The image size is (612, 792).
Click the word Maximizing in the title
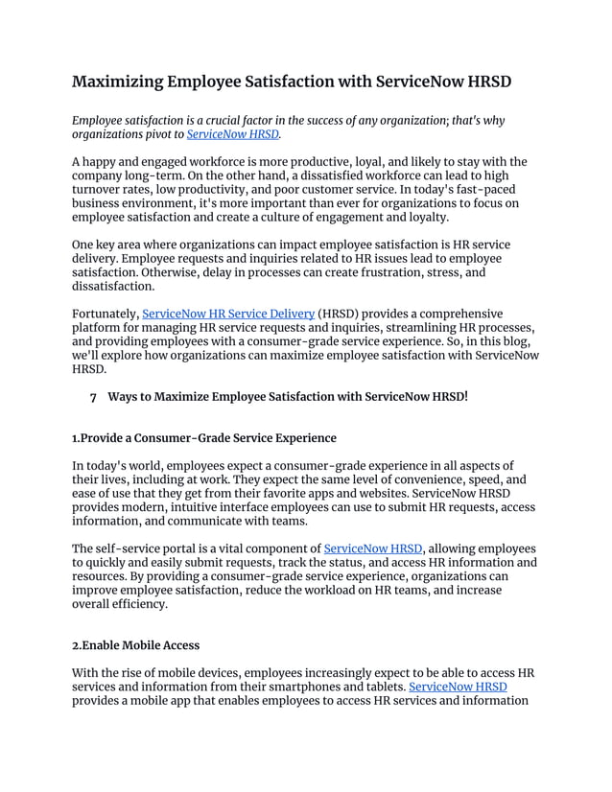[117, 82]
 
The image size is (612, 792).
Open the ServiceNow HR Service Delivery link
[228, 314]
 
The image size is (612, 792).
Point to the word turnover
[103, 192]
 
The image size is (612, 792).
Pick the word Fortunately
[106, 314]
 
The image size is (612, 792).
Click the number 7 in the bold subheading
[93, 396]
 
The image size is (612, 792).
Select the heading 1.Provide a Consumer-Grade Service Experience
[204, 438]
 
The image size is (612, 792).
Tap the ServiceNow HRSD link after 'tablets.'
[458, 687]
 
